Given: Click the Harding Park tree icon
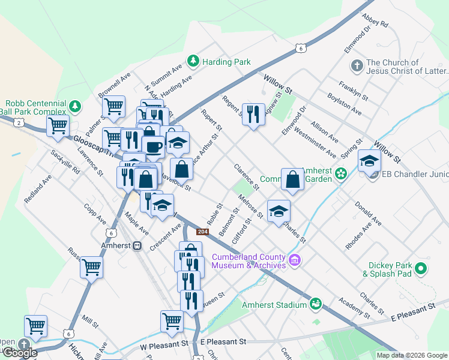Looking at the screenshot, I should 193,61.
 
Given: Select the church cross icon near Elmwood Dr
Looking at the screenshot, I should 356,65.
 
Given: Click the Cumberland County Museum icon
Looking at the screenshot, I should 294,260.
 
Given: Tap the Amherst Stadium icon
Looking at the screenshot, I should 316,305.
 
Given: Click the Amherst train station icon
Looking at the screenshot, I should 137,245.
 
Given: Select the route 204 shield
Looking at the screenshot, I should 203,232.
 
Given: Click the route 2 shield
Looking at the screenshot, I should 20,122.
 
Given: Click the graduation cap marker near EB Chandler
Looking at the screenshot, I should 369,161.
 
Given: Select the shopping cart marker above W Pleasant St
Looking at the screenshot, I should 172,321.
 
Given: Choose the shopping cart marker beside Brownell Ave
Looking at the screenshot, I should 113,107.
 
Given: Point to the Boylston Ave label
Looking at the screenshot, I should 344,103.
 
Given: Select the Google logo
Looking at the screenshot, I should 20,353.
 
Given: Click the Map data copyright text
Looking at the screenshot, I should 411,355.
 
